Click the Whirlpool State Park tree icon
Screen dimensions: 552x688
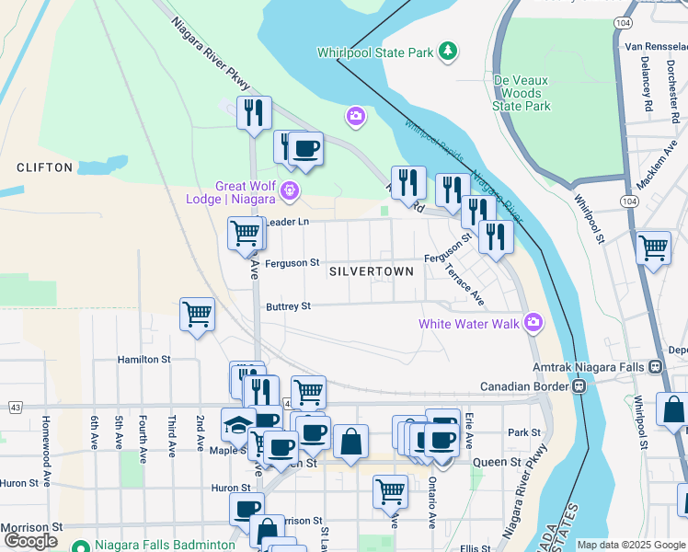(x=448, y=52)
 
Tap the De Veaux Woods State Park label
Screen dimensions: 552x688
(x=522, y=93)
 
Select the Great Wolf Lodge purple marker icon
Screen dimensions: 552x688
(x=290, y=190)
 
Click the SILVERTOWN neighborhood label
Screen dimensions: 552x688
(x=372, y=272)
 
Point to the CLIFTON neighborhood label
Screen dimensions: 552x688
(x=44, y=167)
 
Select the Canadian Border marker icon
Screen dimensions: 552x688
(x=579, y=386)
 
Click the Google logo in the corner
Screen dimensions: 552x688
(x=31, y=541)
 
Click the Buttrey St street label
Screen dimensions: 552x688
(x=288, y=306)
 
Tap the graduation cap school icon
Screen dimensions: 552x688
(x=236, y=424)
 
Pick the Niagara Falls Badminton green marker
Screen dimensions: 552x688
(x=79, y=544)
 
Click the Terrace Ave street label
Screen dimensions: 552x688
(x=464, y=284)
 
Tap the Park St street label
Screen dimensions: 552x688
(x=523, y=432)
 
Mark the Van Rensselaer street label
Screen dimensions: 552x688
(x=656, y=45)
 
